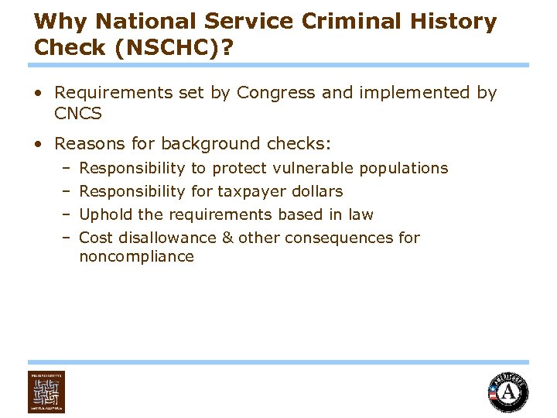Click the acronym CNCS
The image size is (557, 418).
[x=78, y=115]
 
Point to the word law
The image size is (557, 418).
[x=361, y=214]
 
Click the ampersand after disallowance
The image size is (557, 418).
[x=227, y=238]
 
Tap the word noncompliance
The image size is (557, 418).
[x=136, y=256]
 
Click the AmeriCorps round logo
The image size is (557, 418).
[x=508, y=392]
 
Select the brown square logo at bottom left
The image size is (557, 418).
[x=46, y=392]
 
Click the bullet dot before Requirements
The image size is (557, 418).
[x=38, y=94]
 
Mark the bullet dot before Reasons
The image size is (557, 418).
[x=38, y=144]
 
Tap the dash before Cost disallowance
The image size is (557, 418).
[x=67, y=238]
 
